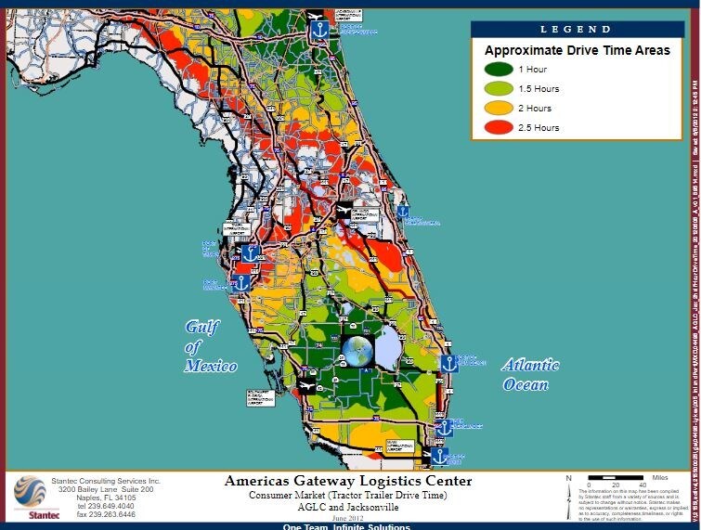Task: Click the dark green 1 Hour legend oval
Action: [x=494, y=70]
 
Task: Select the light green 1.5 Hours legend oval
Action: [x=494, y=88]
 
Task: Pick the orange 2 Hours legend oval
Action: [x=494, y=108]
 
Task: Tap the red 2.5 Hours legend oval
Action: [x=494, y=127]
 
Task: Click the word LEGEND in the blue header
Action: [x=577, y=30]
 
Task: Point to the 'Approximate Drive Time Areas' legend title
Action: [x=577, y=50]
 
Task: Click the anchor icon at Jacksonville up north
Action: [x=318, y=30]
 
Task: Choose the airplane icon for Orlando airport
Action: [x=345, y=212]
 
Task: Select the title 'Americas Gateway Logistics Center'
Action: [x=347, y=481]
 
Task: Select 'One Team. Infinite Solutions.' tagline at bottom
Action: [x=346, y=526]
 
